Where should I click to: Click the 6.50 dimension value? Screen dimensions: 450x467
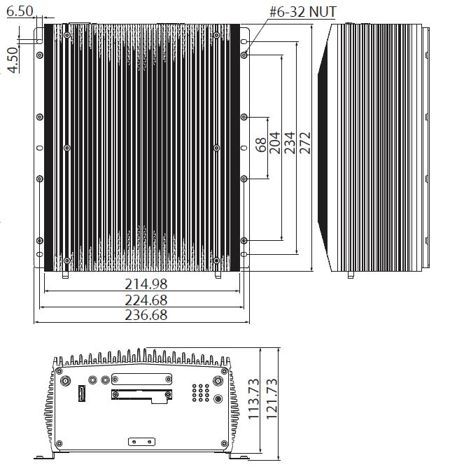(20, 11)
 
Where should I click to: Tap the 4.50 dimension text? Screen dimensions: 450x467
(13, 60)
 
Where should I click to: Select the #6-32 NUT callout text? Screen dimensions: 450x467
(302, 12)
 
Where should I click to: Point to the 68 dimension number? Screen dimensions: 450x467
(261, 145)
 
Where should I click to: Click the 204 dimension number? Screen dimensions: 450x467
(275, 143)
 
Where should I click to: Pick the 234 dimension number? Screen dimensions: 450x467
(290, 143)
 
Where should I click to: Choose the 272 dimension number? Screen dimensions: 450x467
(304, 143)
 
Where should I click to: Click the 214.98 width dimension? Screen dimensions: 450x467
(146, 284)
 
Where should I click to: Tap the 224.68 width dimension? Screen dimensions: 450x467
(146, 300)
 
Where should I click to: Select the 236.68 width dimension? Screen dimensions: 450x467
(146, 315)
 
